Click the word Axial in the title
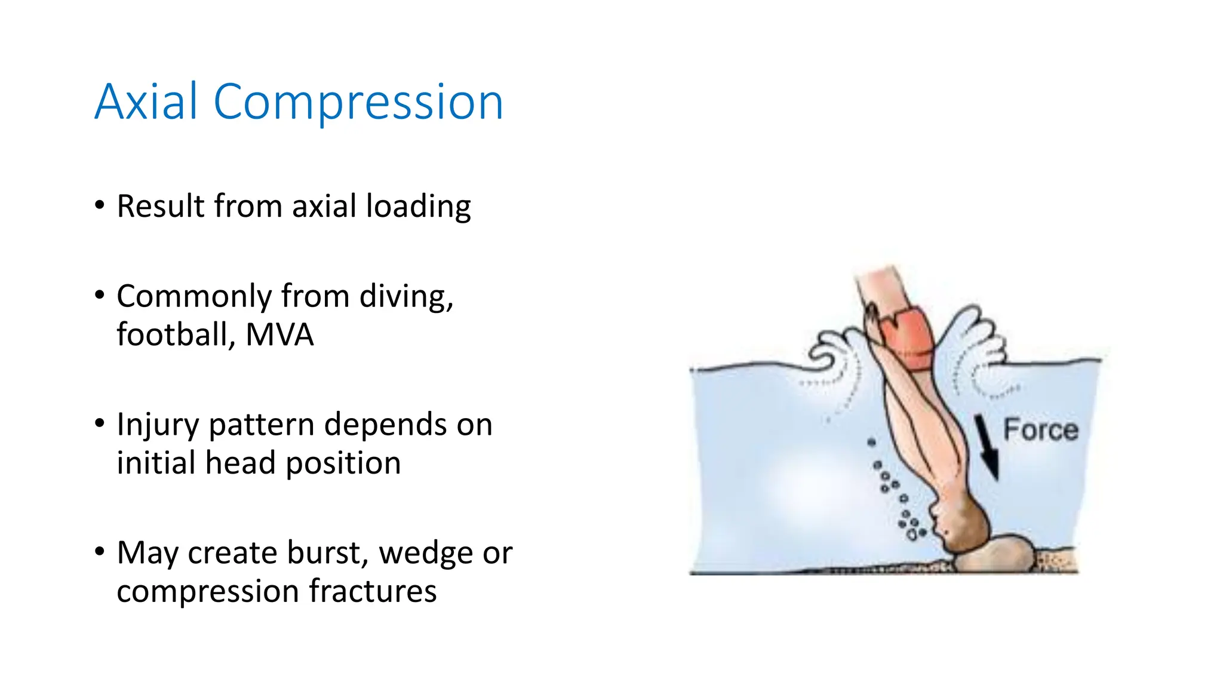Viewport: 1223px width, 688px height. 146,102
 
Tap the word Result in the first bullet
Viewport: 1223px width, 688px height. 161,207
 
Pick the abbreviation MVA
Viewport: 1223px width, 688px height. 279,335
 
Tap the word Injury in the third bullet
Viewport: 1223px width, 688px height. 157,426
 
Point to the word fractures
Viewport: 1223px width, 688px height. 373,591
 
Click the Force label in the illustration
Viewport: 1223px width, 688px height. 1040,430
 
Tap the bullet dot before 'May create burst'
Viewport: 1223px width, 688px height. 100,552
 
